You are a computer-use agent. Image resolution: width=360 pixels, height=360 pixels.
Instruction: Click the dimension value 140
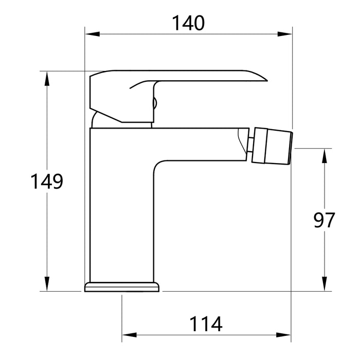pyautogui.click(x=188, y=23)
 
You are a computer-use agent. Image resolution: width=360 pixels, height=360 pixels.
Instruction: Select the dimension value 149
pyautogui.click(x=47, y=182)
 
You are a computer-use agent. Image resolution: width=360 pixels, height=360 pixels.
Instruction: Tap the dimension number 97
pyautogui.click(x=324, y=220)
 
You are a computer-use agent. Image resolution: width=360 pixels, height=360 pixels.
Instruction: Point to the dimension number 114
pyautogui.click(x=206, y=324)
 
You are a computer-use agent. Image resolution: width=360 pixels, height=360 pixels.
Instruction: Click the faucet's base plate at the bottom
pyautogui.click(x=122, y=286)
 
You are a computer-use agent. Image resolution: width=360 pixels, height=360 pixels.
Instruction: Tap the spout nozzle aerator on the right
pyautogui.click(x=273, y=147)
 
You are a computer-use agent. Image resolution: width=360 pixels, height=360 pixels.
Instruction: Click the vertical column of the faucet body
pyautogui.click(x=121, y=216)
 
